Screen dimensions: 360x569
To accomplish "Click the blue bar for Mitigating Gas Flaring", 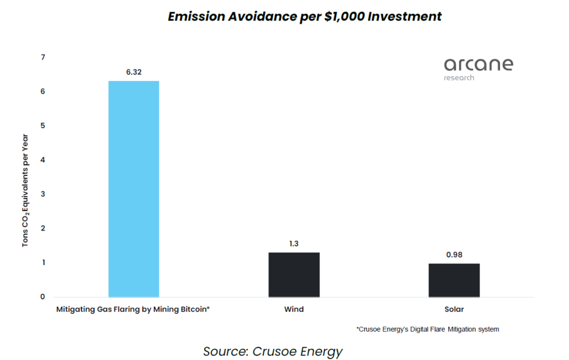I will tap(133, 189).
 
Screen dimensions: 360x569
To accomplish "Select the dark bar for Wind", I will tap(294, 274).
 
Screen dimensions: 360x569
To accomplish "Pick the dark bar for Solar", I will tap(454, 280).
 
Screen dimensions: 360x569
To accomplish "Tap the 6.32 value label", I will tap(133, 72).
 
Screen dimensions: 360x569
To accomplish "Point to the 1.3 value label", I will tap(294, 243).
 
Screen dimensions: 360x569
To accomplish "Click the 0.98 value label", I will tap(454, 254).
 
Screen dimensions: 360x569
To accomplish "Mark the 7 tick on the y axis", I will tap(43, 57).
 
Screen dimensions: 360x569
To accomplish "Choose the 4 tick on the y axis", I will tap(43, 160).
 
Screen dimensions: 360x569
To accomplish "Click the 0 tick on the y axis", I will tap(43, 297).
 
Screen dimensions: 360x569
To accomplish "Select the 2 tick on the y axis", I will tap(43, 228).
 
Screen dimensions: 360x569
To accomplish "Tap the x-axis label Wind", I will tap(294, 309).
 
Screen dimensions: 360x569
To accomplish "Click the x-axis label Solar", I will tap(454, 309).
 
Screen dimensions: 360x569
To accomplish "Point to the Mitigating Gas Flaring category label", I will tap(133, 309).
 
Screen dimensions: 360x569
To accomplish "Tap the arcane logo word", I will tap(478, 64).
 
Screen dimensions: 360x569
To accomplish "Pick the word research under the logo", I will tap(459, 78).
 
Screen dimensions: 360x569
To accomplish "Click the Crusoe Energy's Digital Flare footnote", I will tap(428, 329).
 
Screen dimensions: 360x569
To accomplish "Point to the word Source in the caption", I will tap(224, 351).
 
